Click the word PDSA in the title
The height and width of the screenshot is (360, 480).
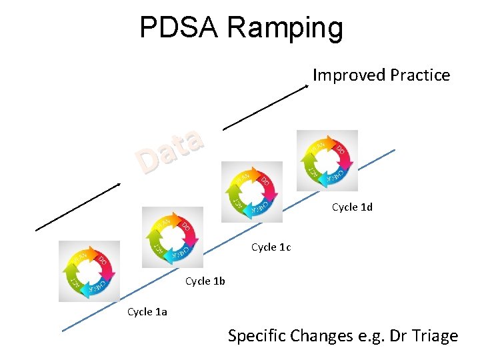pos(179,28)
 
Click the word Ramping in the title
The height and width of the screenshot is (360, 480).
pos(285,28)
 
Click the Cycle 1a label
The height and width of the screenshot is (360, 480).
pos(147,312)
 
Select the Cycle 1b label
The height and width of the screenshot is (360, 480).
pos(205,281)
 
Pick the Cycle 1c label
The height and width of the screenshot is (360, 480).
pos(271,247)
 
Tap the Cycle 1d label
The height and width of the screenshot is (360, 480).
pos(352,207)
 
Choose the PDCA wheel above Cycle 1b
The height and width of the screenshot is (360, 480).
pos(173,237)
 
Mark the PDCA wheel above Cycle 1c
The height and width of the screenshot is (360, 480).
pos(251,192)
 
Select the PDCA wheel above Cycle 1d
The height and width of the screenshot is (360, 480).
pos(327,161)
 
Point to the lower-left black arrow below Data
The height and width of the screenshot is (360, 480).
pos(80,207)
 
